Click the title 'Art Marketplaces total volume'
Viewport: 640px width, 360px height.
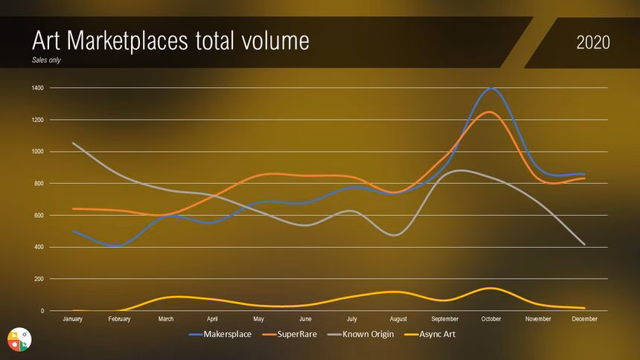coord(170,41)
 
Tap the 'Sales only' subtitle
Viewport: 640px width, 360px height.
coord(46,60)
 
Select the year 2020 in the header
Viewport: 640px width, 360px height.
coord(593,42)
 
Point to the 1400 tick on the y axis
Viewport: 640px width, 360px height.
coord(37,89)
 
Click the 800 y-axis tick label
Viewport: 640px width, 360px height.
coord(39,184)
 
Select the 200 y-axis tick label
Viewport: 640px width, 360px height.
coord(39,279)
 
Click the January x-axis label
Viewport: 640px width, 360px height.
coord(73,319)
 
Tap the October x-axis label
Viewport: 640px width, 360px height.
coord(491,319)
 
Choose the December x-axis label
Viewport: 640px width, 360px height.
coord(584,319)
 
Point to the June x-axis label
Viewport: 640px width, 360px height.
coord(305,319)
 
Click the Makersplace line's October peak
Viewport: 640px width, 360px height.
coord(491,88)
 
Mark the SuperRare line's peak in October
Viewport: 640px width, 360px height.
coord(489,112)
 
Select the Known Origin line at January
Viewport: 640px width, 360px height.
coord(73,144)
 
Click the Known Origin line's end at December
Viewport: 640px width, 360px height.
coord(584,244)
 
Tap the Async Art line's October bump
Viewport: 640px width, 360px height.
coord(490,288)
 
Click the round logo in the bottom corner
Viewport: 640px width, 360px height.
coord(19,338)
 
